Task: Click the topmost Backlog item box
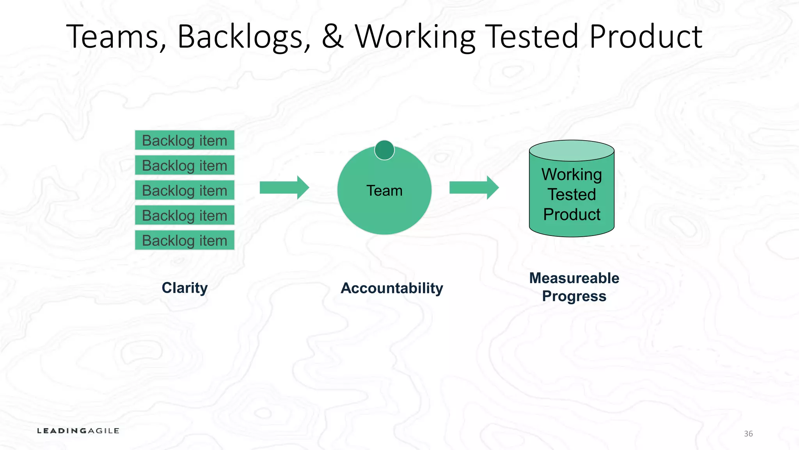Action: tap(185, 140)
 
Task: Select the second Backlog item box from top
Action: tap(185, 165)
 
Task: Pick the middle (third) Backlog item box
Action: tap(185, 190)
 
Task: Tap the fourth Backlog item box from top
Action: tap(185, 215)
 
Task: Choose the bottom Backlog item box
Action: tap(185, 240)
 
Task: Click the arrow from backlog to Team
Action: tap(284, 187)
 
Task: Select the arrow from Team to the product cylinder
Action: tap(474, 187)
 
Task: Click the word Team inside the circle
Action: tap(384, 191)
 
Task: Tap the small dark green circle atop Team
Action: tap(384, 150)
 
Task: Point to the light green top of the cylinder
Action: tap(572, 151)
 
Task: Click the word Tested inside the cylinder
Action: tap(572, 195)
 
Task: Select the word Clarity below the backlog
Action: tap(185, 288)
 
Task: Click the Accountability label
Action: tap(392, 288)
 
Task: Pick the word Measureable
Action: tap(574, 278)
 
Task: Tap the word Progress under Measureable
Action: tap(574, 296)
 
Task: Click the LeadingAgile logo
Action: tap(78, 431)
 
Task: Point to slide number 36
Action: tap(748, 434)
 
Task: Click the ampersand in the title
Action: tap(332, 36)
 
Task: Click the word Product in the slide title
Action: tap(646, 36)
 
